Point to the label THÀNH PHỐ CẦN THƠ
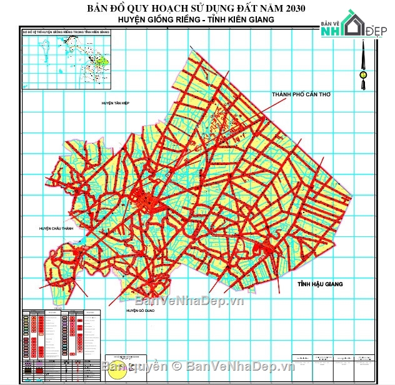[x=301, y=94]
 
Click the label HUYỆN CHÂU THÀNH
[x=56, y=229]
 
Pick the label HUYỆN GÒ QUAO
[x=141, y=310]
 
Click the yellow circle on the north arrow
[x=362, y=75]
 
